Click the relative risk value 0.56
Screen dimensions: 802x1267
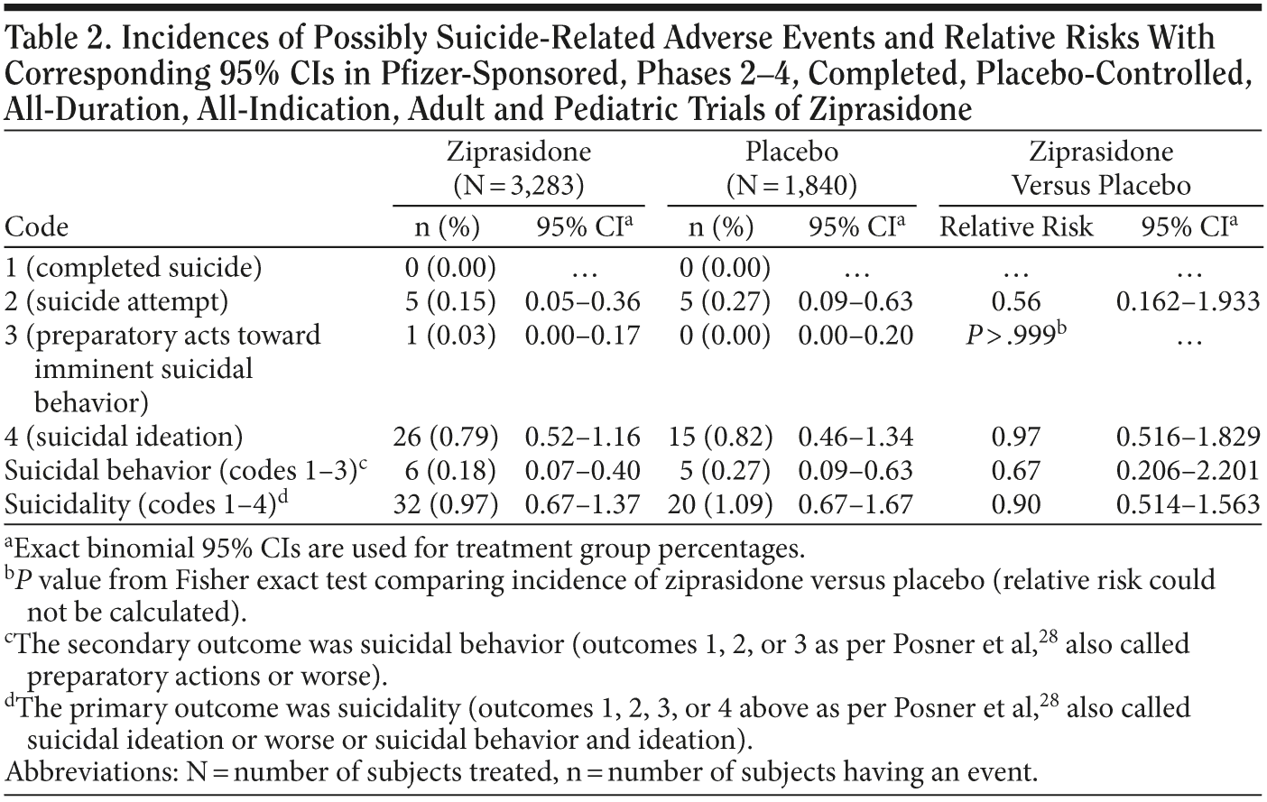pyautogui.click(x=1015, y=301)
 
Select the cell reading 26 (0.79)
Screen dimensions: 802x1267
pyautogui.click(x=446, y=438)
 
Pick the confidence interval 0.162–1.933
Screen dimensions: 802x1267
pyautogui.click(x=1187, y=301)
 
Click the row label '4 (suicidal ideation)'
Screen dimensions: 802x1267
pyautogui.click(x=124, y=438)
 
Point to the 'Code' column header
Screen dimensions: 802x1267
pyautogui.click(x=36, y=226)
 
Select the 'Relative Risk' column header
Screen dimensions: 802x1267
pyautogui.click(x=1015, y=226)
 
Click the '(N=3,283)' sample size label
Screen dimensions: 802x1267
pyautogui.click(x=518, y=186)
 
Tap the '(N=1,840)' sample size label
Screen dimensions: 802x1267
pyautogui.click(x=791, y=186)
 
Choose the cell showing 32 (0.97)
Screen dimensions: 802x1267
pyautogui.click(x=446, y=504)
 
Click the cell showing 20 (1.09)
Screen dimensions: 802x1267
pyautogui.click(x=719, y=504)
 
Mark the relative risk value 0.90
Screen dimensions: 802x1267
pyautogui.click(x=1015, y=504)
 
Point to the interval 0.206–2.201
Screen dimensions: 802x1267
pyautogui.click(x=1187, y=471)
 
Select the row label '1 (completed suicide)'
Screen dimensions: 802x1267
pyautogui.click(x=133, y=268)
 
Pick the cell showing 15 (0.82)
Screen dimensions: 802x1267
pyautogui.click(x=719, y=438)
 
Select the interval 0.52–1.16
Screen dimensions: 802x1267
pyautogui.click(x=582, y=438)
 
